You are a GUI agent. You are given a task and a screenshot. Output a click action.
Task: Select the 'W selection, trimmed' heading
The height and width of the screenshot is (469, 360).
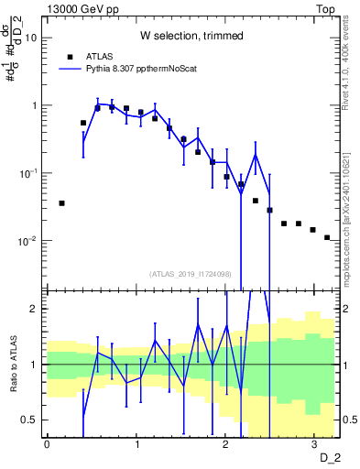click(191, 36)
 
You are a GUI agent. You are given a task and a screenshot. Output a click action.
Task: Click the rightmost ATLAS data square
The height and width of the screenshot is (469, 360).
click(327, 237)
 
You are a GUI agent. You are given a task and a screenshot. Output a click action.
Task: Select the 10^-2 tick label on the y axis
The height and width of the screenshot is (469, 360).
click(29, 241)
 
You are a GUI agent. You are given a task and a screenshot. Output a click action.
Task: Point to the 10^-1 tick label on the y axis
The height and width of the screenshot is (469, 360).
click(29, 173)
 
